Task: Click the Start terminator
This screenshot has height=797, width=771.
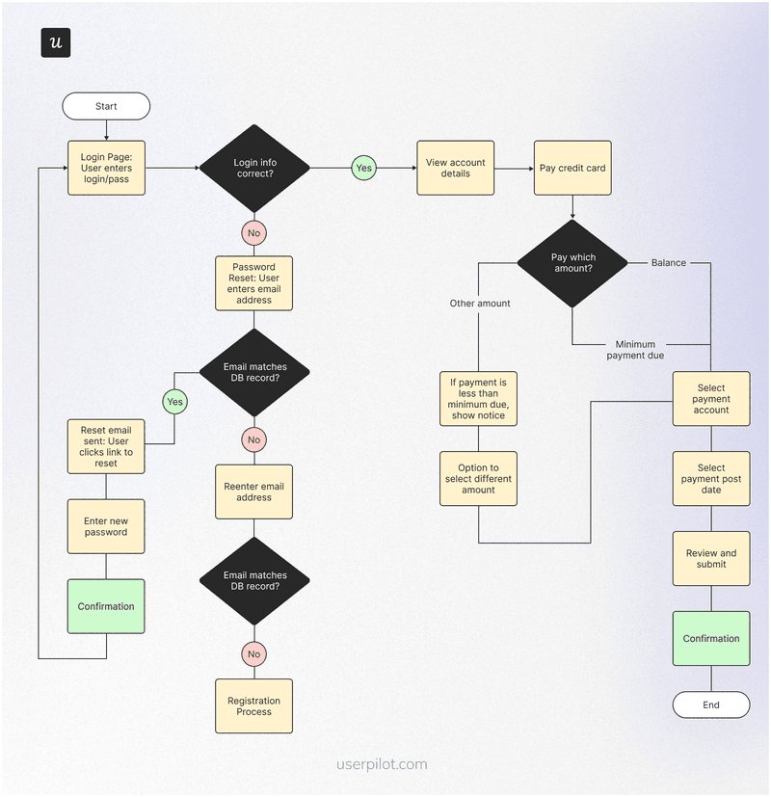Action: (x=106, y=106)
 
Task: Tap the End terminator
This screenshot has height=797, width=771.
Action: (x=710, y=704)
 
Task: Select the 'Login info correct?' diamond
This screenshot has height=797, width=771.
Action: (x=254, y=169)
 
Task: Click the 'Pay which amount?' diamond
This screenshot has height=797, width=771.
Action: (x=573, y=263)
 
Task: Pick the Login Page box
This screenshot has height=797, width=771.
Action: (x=106, y=169)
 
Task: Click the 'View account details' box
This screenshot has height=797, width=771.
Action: (x=455, y=169)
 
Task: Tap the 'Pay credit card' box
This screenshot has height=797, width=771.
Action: (x=572, y=169)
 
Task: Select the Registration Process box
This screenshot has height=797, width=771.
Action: (x=253, y=706)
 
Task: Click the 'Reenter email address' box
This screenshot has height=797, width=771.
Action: (x=253, y=491)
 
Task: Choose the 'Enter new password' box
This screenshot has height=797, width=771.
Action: (x=106, y=526)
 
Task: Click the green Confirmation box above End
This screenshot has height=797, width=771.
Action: (x=710, y=638)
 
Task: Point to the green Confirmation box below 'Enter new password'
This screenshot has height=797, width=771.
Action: (x=106, y=606)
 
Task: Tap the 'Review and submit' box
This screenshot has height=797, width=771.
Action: (x=710, y=558)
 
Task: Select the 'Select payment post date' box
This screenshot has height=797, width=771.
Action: (x=710, y=479)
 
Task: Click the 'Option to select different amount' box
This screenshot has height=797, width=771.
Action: (x=478, y=479)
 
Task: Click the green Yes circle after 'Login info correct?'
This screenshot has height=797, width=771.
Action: (x=363, y=169)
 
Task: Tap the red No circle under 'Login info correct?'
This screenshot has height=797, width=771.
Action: (x=253, y=233)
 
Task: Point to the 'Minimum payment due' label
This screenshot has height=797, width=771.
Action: (x=635, y=349)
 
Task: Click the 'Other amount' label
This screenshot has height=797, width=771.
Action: (x=480, y=304)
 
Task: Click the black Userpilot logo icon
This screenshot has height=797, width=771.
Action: (x=56, y=43)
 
